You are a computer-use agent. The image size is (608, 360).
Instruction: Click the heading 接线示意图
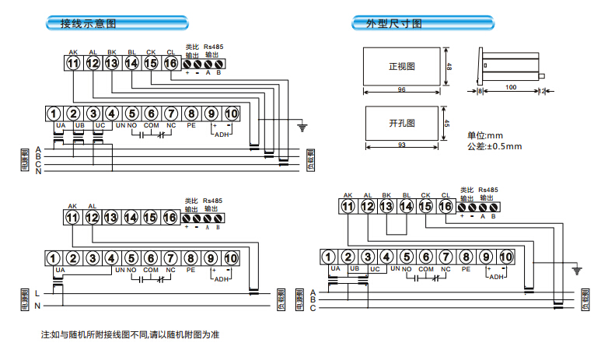(89, 23)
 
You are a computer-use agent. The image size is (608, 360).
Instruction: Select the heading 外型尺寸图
(394, 23)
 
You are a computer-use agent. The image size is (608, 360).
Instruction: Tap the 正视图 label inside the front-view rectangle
(402, 67)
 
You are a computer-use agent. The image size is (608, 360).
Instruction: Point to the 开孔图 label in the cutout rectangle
(402, 123)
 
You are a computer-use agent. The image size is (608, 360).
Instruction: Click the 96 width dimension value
(402, 90)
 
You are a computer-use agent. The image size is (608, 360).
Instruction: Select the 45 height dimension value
(447, 123)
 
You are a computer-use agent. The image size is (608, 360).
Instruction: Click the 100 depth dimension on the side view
(511, 87)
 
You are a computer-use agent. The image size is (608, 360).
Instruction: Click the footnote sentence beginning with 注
(131, 334)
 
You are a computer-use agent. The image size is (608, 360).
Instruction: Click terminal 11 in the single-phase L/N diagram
(73, 218)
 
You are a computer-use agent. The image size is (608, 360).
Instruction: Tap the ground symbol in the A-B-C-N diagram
(302, 124)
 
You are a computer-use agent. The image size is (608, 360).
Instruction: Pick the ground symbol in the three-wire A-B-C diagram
(576, 271)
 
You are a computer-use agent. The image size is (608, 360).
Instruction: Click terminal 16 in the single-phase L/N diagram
(170, 218)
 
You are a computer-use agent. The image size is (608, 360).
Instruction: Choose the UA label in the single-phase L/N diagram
(60, 270)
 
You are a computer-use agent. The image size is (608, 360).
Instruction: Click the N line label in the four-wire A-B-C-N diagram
(37, 171)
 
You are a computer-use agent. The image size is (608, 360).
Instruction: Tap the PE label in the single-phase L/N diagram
(190, 270)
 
